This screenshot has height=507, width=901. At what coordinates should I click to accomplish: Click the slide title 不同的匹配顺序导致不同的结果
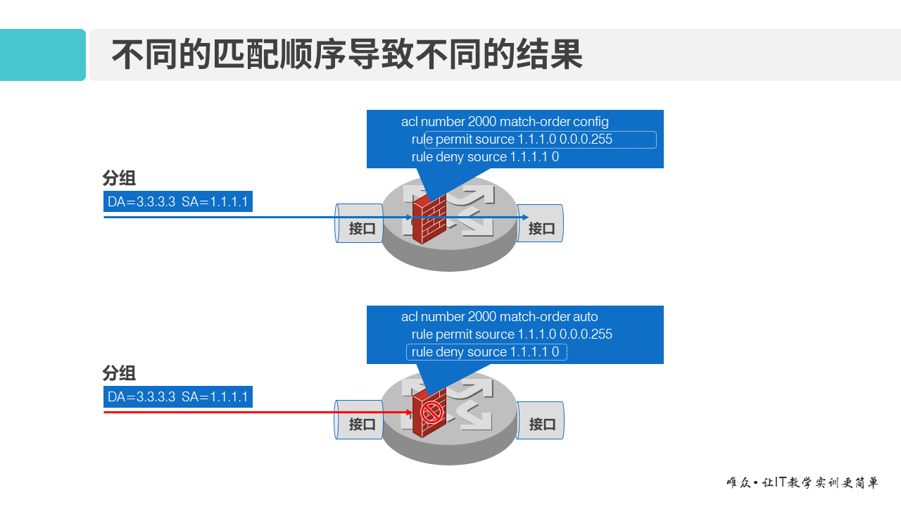pyautogui.click(x=347, y=55)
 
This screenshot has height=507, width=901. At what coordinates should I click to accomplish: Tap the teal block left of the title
pyautogui.click(x=42, y=55)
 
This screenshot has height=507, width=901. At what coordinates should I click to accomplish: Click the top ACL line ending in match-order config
pyautogui.click(x=505, y=122)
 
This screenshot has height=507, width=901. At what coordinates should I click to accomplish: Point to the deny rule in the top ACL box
pyautogui.click(x=485, y=157)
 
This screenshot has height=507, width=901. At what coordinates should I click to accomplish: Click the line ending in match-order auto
pyautogui.click(x=499, y=317)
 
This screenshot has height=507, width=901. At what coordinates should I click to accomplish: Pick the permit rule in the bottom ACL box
pyautogui.click(x=512, y=334)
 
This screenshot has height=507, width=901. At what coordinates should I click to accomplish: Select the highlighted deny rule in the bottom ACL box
pyautogui.click(x=486, y=352)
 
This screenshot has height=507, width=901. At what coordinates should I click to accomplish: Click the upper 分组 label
pyautogui.click(x=119, y=177)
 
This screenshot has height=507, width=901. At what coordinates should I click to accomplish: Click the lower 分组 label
pyautogui.click(x=119, y=373)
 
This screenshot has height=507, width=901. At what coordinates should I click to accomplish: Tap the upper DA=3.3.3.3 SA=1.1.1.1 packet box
pyautogui.click(x=177, y=202)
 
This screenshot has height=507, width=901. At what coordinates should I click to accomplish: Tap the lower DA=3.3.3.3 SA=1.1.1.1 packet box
pyautogui.click(x=177, y=397)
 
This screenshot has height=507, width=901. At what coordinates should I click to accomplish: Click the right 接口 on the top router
pyautogui.click(x=541, y=228)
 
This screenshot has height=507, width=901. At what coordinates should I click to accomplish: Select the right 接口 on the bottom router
pyautogui.click(x=541, y=424)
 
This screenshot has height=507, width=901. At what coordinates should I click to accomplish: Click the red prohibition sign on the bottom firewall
pyautogui.click(x=431, y=413)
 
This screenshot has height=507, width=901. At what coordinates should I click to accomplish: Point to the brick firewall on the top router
pyautogui.click(x=429, y=218)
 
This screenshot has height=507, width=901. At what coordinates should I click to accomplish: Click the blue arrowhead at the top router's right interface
pyautogui.click(x=524, y=218)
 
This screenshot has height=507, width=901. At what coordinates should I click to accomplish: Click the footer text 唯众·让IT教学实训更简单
pyautogui.click(x=802, y=483)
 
